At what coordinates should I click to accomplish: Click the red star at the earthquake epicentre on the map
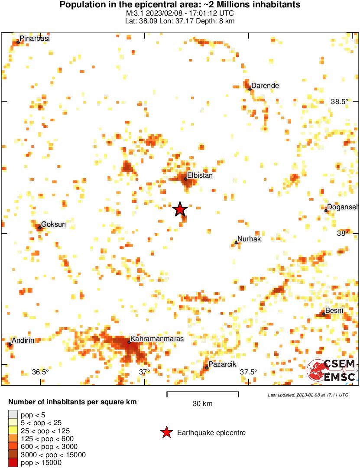click(x=180, y=210)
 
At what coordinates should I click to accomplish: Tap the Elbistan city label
click(x=200, y=175)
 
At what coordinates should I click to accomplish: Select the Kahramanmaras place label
click(x=157, y=338)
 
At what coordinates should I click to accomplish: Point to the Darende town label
click(x=265, y=85)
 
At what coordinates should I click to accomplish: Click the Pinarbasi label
click(x=35, y=38)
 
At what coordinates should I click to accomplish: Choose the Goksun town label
click(x=54, y=224)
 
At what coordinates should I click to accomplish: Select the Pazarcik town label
click(x=222, y=364)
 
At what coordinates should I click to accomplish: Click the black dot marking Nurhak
click(x=236, y=243)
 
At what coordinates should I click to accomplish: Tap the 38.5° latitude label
click(x=340, y=101)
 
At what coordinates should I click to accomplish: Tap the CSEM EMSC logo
click(x=333, y=370)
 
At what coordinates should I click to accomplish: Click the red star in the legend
click(x=166, y=432)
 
